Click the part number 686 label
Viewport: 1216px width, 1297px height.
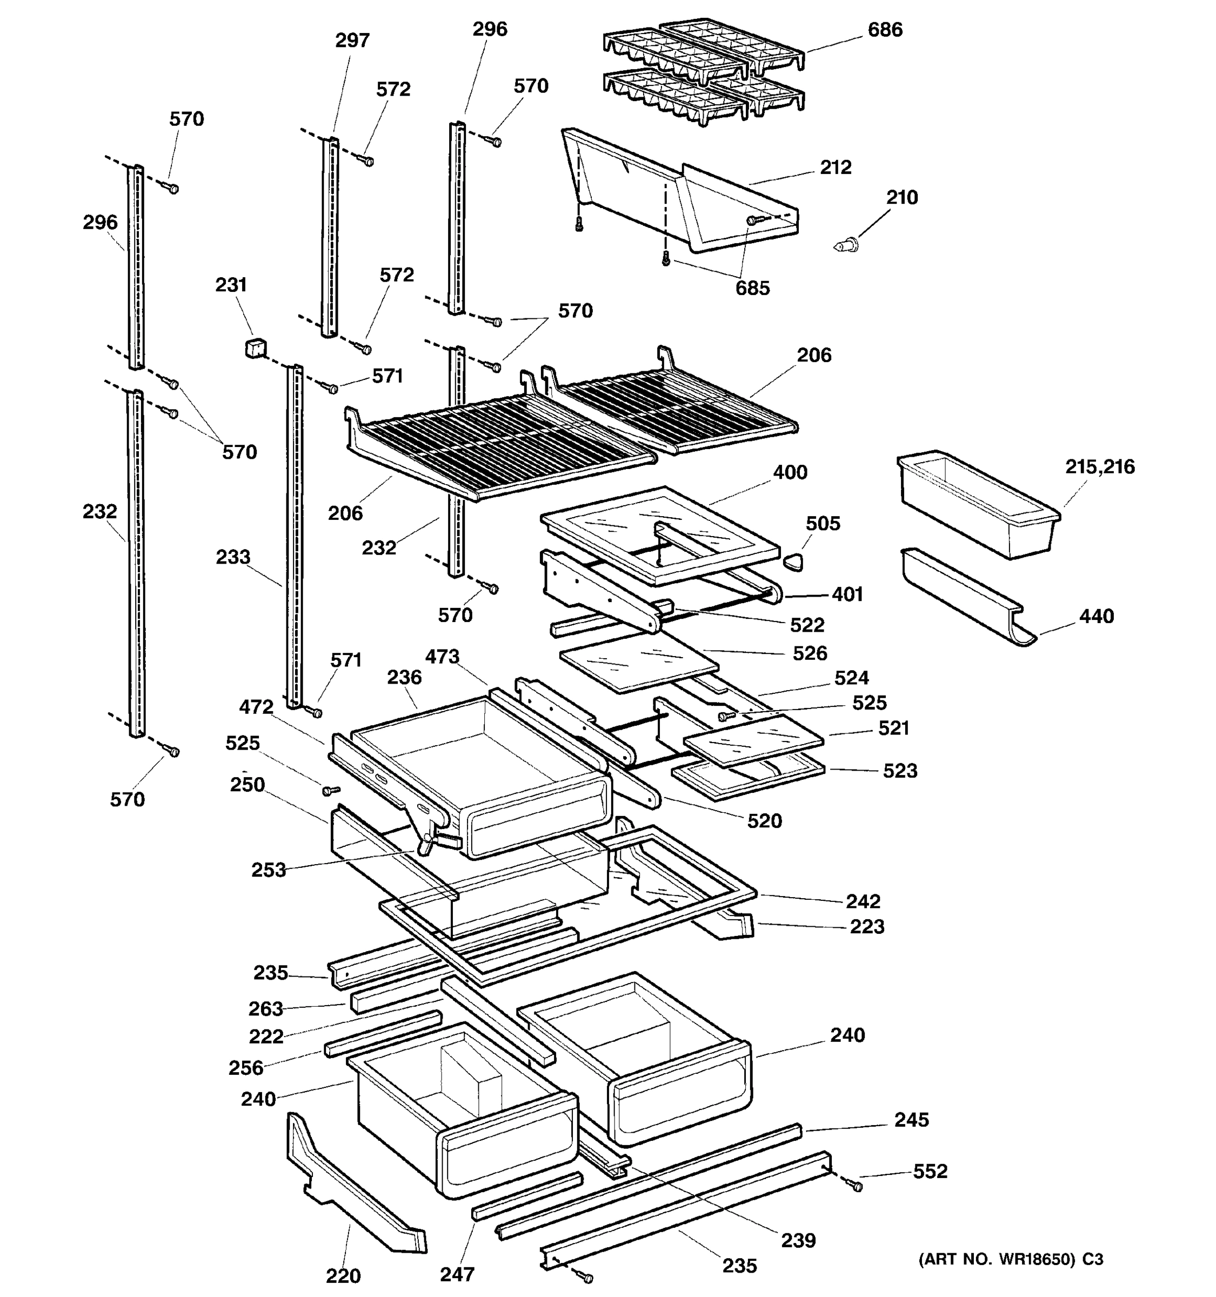(885, 30)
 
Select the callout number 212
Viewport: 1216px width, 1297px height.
(835, 168)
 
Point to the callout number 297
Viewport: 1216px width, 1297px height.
(352, 41)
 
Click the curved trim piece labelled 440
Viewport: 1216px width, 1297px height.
(965, 599)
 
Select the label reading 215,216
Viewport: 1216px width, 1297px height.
(1100, 466)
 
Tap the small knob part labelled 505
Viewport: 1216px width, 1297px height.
(793, 561)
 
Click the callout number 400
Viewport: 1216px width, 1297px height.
(790, 472)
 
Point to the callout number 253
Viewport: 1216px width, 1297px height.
(269, 870)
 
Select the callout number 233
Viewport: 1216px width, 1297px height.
(233, 557)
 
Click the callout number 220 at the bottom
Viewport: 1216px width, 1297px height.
(343, 1275)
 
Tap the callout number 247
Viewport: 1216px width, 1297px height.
(457, 1274)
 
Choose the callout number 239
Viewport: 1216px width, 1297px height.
(798, 1240)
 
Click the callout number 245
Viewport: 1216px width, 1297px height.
(911, 1120)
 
